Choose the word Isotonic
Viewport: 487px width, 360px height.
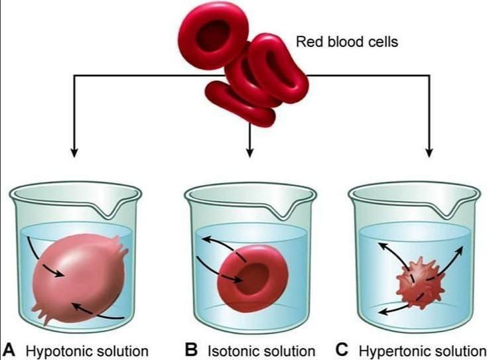[x=233, y=349]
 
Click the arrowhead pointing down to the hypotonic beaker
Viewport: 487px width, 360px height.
[x=74, y=153]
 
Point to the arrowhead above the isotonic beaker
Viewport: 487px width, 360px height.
[x=249, y=153]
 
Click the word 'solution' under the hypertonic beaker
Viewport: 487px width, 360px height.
[x=457, y=349]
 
